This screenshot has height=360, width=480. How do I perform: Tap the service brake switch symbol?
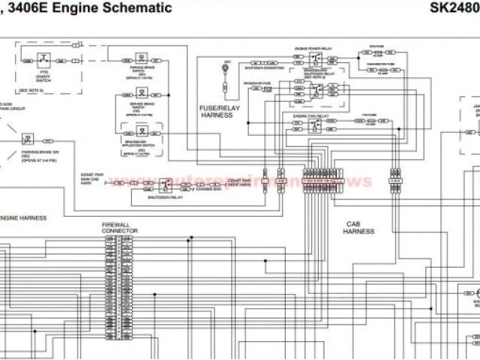(142, 95)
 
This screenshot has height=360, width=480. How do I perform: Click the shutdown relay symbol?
(166, 182)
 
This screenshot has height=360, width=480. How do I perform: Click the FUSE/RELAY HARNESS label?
(217, 112)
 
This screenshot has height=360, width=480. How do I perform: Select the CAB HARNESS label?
(358, 227)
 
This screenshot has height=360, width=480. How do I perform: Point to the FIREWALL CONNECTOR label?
(121, 227)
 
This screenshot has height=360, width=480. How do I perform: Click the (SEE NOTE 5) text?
(31, 88)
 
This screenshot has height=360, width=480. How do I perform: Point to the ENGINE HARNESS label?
(23, 217)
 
